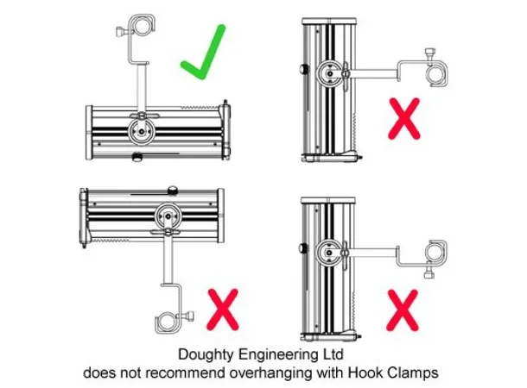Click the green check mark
(203, 53)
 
